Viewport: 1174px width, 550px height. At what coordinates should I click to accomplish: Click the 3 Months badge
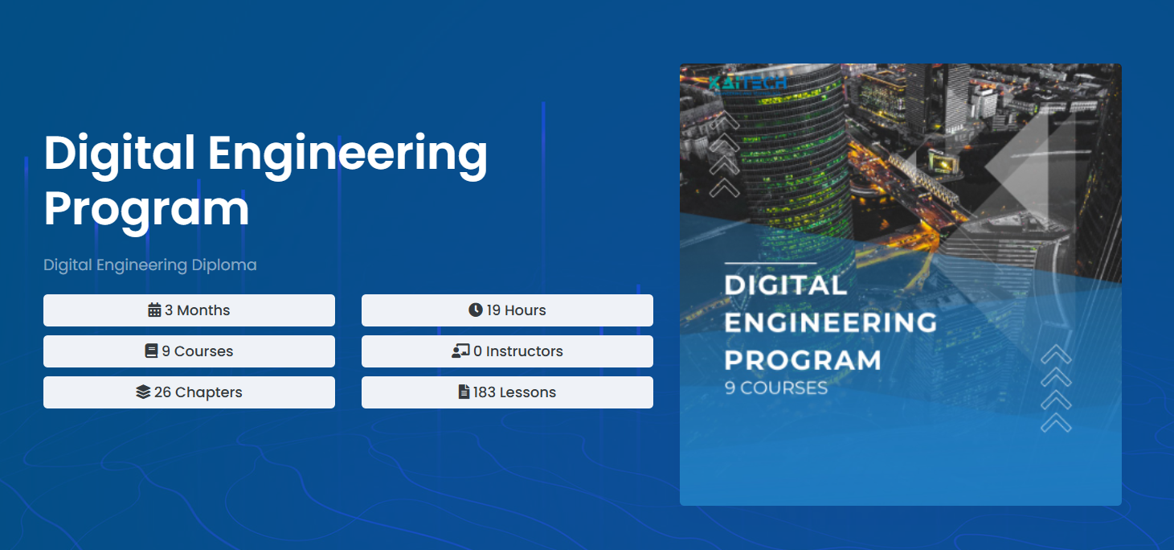click(189, 310)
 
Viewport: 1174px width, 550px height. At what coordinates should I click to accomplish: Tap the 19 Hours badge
click(507, 310)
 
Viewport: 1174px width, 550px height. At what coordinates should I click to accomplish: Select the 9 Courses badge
click(189, 351)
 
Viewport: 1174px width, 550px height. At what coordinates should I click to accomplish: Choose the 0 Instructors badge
click(507, 351)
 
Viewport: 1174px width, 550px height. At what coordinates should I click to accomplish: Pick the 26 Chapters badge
click(189, 392)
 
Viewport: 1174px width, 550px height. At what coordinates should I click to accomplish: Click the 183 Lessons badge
click(507, 392)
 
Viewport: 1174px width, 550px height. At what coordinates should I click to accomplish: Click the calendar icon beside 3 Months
click(155, 310)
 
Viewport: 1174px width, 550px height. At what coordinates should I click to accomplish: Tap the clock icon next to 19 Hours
click(476, 310)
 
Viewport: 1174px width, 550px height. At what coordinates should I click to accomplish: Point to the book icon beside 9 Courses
click(151, 351)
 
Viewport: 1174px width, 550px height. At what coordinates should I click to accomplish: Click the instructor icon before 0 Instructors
click(460, 351)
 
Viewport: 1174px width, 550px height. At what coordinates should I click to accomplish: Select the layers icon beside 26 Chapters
click(143, 392)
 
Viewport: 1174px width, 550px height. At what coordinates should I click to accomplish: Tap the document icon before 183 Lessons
click(464, 392)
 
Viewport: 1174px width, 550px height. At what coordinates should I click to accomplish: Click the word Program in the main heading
click(146, 208)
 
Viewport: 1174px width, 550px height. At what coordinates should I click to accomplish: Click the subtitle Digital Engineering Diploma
click(150, 265)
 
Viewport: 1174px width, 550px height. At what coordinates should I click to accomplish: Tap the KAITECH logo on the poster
click(747, 83)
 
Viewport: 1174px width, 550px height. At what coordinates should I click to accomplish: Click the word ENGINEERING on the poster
click(831, 322)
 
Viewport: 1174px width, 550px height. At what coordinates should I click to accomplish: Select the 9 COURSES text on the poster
click(776, 388)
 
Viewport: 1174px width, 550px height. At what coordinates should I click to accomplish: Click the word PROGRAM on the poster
click(803, 359)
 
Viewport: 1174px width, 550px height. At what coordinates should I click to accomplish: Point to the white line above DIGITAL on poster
click(770, 263)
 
